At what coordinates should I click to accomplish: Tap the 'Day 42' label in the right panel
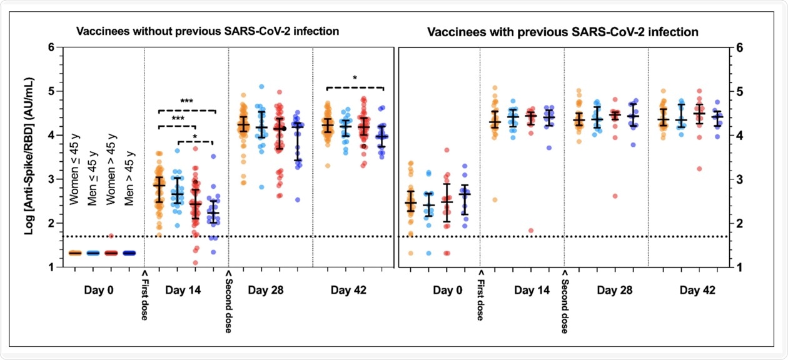coord(698,290)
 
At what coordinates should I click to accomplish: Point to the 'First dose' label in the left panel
coord(144,296)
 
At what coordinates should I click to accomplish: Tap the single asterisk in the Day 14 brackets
coord(195,136)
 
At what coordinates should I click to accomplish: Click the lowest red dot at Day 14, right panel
coord(531,231)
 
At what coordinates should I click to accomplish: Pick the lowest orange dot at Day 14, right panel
coord(494,200)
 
